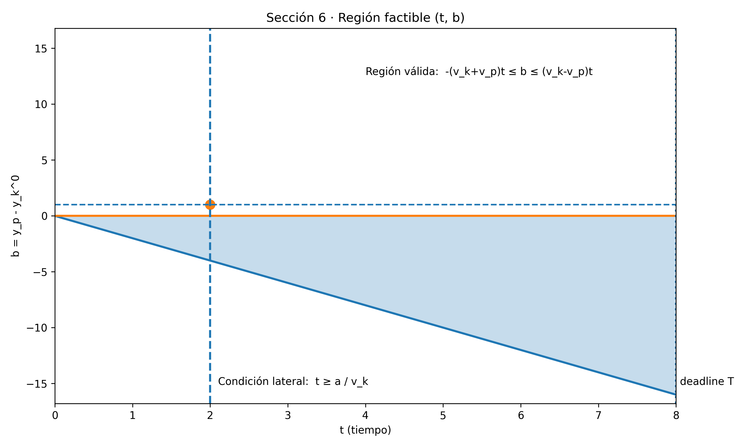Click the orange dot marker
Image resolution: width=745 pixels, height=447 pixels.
(x=210, y=205)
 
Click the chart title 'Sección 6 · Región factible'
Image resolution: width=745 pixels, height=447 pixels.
(x=365, y=18)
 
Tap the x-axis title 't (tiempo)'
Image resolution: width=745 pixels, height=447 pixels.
(x=365, y=430)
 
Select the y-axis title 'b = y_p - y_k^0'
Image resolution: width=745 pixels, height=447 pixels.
(x=15, y=216)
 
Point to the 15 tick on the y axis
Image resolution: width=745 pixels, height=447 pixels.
(x=41, y=49)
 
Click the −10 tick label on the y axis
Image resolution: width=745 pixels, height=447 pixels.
(x=37, y=328)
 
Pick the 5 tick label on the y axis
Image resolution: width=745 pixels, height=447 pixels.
(x=44, y=160)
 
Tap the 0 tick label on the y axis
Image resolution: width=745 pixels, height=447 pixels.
(x=44, y=216)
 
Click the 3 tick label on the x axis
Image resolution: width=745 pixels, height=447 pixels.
(x=288, y=416)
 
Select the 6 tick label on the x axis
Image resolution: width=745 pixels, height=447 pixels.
(x=521, y=416)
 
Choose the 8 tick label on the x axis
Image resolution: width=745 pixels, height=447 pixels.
(x=676, y=416)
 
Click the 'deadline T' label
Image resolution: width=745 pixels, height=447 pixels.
(x=707, y=381)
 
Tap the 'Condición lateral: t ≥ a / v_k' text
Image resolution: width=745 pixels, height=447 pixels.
(x=293, y=381)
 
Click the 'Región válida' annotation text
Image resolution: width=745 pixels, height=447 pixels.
(x=479, y=72)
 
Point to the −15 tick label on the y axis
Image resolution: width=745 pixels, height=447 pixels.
(x=37, y=384)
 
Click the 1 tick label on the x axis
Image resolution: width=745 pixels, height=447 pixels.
(x=133, y=416)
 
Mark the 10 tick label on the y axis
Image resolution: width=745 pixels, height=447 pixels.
(x=41, y=105)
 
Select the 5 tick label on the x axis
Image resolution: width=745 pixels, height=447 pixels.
(x=443, y=416)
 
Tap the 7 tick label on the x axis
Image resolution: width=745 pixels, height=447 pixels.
(x=598, y=416)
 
